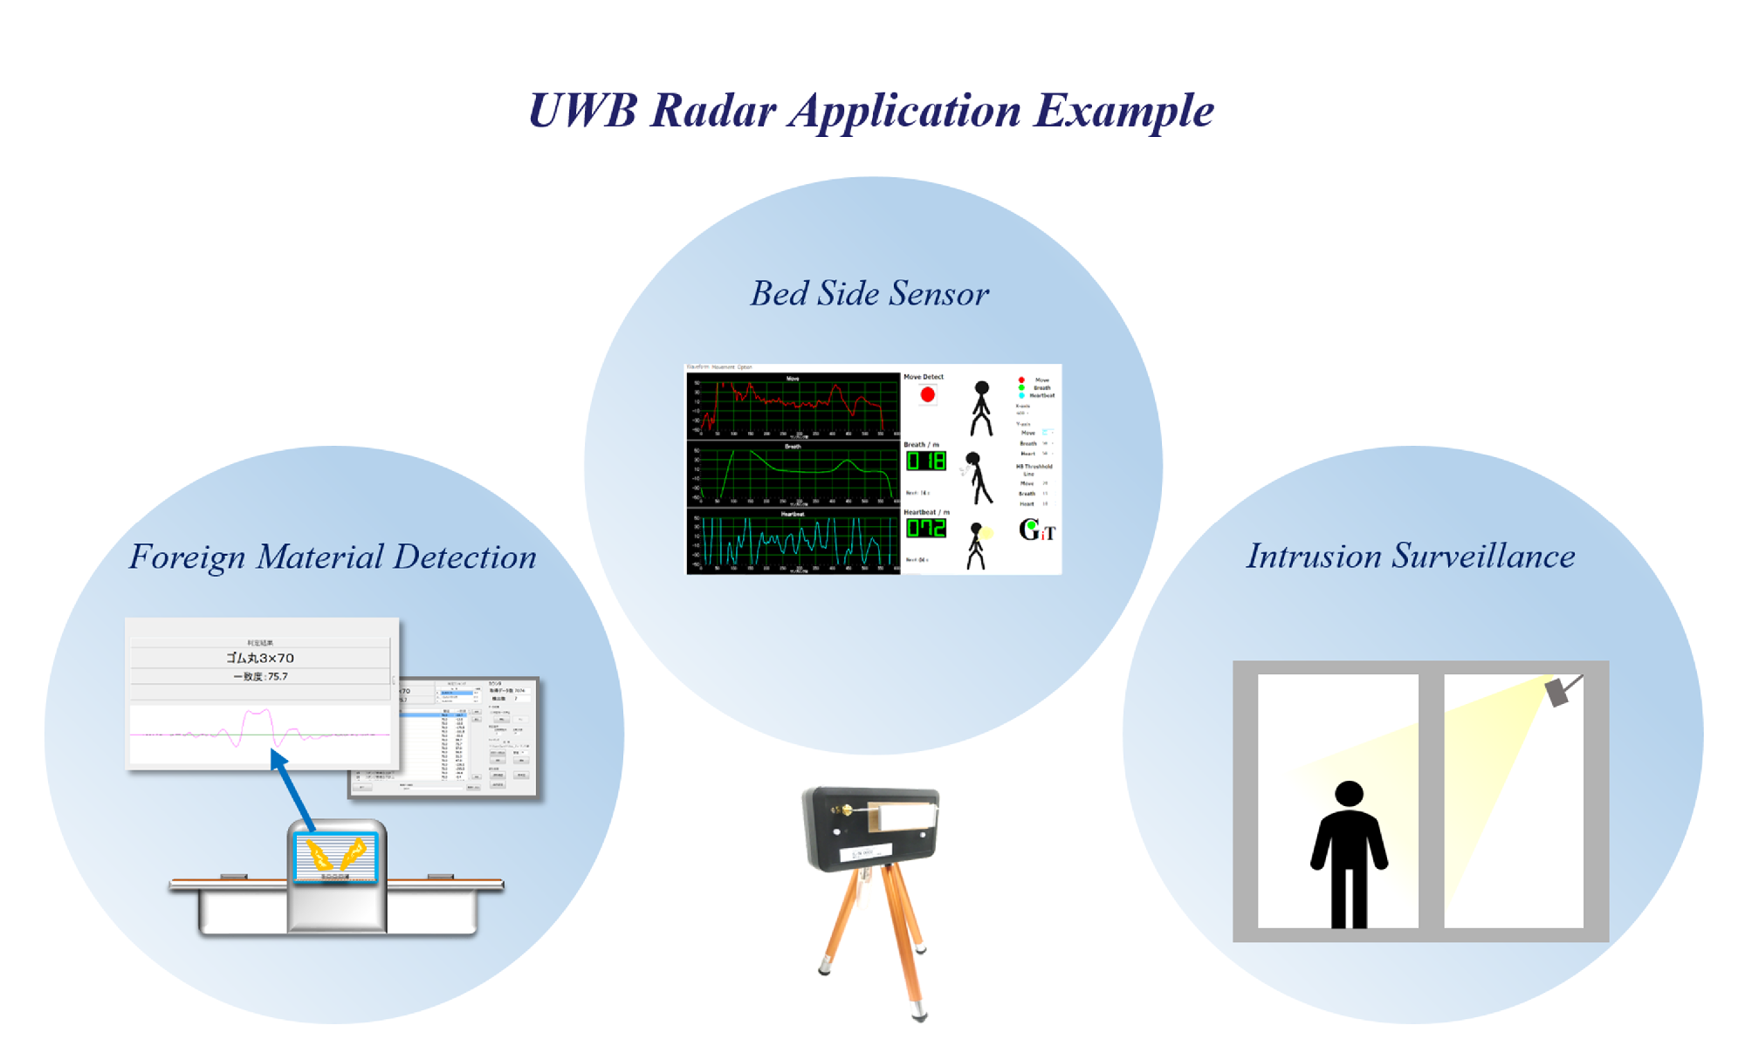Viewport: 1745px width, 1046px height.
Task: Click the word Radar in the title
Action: [712, 112]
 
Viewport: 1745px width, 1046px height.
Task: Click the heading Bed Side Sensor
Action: [869, 294]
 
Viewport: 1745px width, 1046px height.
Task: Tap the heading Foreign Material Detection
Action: [333, 557]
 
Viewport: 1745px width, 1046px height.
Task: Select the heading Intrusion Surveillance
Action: [1410, 557]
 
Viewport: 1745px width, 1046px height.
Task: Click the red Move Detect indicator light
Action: [927, 395]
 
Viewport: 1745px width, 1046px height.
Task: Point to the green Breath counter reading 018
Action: [925, 461]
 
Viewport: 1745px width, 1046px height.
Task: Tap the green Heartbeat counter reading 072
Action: [925, 528]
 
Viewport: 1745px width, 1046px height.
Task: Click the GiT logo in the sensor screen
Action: [1037, 530]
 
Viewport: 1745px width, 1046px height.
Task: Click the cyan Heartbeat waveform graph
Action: [793, 543]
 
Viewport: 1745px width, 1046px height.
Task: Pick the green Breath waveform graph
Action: [793, 475]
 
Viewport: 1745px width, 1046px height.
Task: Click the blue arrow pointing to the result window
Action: [293, 790]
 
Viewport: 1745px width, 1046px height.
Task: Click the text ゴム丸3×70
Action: [260, 658]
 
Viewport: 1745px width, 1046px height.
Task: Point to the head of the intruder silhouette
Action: [1349, 793]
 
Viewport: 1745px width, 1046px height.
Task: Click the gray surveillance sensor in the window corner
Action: [1559, 692]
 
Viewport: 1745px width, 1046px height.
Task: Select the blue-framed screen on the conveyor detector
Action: [336, 857]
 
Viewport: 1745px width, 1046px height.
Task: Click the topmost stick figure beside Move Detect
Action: [981, 407]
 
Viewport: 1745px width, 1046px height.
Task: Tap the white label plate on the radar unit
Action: [906, 817]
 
